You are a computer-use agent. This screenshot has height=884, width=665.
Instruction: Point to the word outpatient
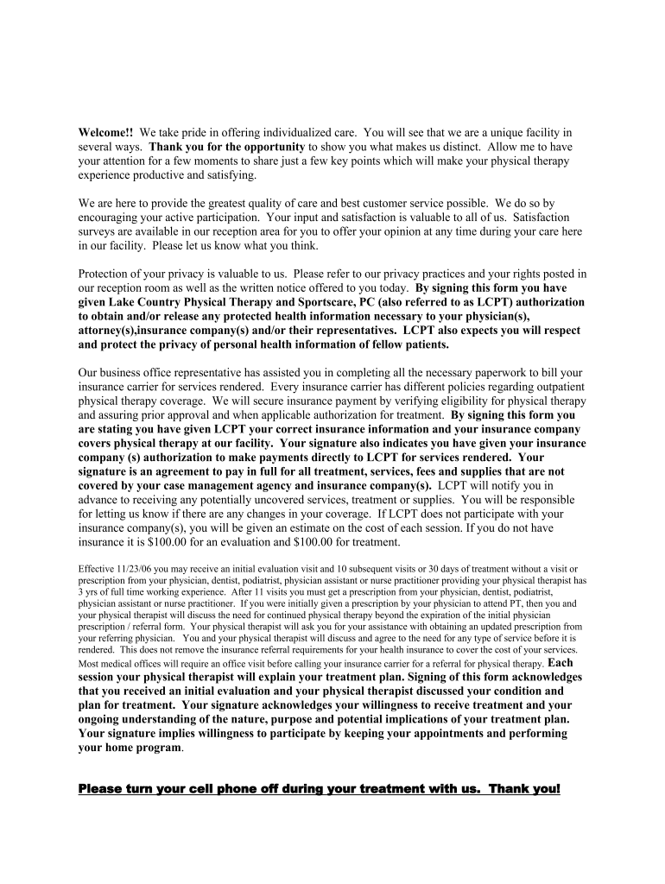(556, 387)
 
